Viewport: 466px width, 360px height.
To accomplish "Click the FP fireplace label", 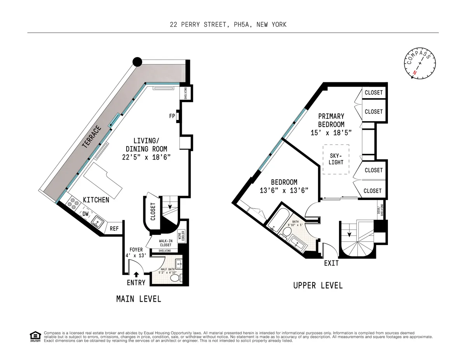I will point(171,115).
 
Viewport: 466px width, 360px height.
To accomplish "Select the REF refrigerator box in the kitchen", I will point(114,229).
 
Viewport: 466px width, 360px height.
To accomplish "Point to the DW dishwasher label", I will point(85,214).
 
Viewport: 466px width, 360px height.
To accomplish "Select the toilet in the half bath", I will point(175,278).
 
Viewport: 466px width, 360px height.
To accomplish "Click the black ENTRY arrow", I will point(136,275).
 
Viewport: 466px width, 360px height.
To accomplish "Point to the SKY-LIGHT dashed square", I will point(336,159).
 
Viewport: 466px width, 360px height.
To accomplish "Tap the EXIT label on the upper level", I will point(331,263).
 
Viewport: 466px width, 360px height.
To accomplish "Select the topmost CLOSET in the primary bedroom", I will point(374,92).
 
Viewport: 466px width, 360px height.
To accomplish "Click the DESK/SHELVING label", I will point(381,210).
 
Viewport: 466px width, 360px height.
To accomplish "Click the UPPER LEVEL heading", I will point(318,285).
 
